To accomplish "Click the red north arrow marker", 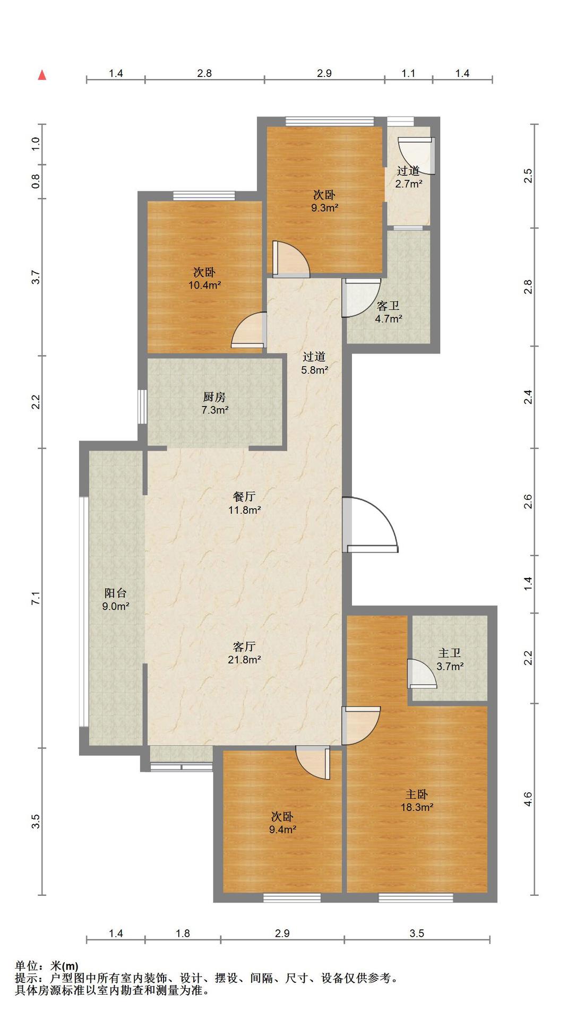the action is pyautogui.click(x=42, y=75).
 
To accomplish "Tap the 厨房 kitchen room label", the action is pyautogui.click(x=214, y=396).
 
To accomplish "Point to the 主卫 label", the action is pyautogui.click(x=450, y=653).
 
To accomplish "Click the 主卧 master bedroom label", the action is pyautogui.click(x=417, y=795).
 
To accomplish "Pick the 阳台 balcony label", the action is pyautogui.click(x=115, y=593).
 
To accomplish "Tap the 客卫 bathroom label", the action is pyautogui.click(x=388, y=306).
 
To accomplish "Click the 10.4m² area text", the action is pyautogui.click(x=204, y=285).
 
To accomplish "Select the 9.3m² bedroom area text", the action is pyautogui.click(x=324, y=208).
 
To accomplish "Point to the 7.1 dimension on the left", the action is pyautogui.click(x=36, y=598).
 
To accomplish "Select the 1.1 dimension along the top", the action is pyautogui.click(x=408, y=73).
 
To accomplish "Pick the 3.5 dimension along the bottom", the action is pyautogui.click(x=417, y=933).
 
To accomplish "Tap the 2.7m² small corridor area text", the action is pyautogui.click(x=408, y=184).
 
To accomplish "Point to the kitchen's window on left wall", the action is pyautogui.click(x=142, y=407).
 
